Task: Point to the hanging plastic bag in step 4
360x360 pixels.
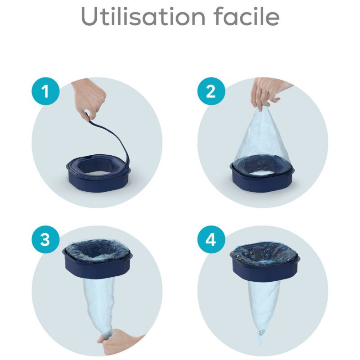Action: [x=264, y=301]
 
